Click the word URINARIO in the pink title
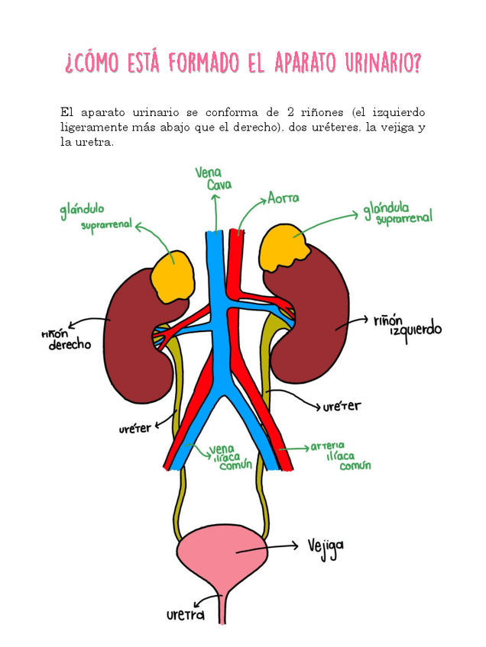375,62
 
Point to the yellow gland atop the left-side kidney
173,275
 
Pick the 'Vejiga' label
326,546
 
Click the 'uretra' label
186,614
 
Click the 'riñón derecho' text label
69,340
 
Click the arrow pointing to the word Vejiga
275,546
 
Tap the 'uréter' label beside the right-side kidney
341,407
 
